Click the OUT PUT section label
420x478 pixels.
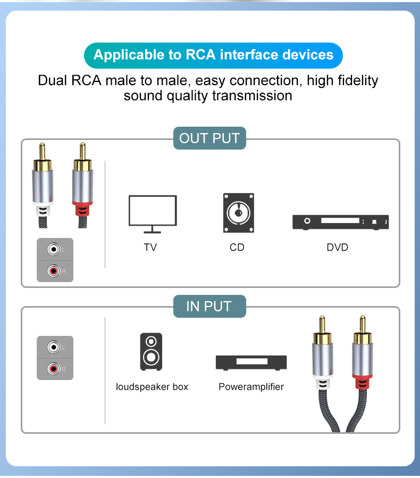tap(209, 138)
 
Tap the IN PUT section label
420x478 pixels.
tap(209, 307)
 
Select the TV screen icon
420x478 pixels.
tap(153, 213)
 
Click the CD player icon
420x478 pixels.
tap(238, 213)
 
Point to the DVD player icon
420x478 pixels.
tap(340, 222)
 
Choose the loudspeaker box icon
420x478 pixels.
tap(152, 352)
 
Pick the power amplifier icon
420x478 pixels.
tap(251, 362)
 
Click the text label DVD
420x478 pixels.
tap(338, 248)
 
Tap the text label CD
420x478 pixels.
tap(237, 248)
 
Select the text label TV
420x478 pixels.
tap(150, 248)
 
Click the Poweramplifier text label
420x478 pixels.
tap(251, 387)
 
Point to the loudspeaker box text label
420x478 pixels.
tap(152, 387)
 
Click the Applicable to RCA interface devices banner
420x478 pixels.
tap(213, 55)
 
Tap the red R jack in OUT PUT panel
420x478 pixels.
tap(53, 271)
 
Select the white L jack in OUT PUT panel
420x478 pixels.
tap(53, 249)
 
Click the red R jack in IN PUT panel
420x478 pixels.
tap(53, 368)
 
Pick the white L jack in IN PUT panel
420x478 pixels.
tap(53, 347)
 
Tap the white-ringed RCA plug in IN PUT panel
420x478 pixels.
tap(322, 362)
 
